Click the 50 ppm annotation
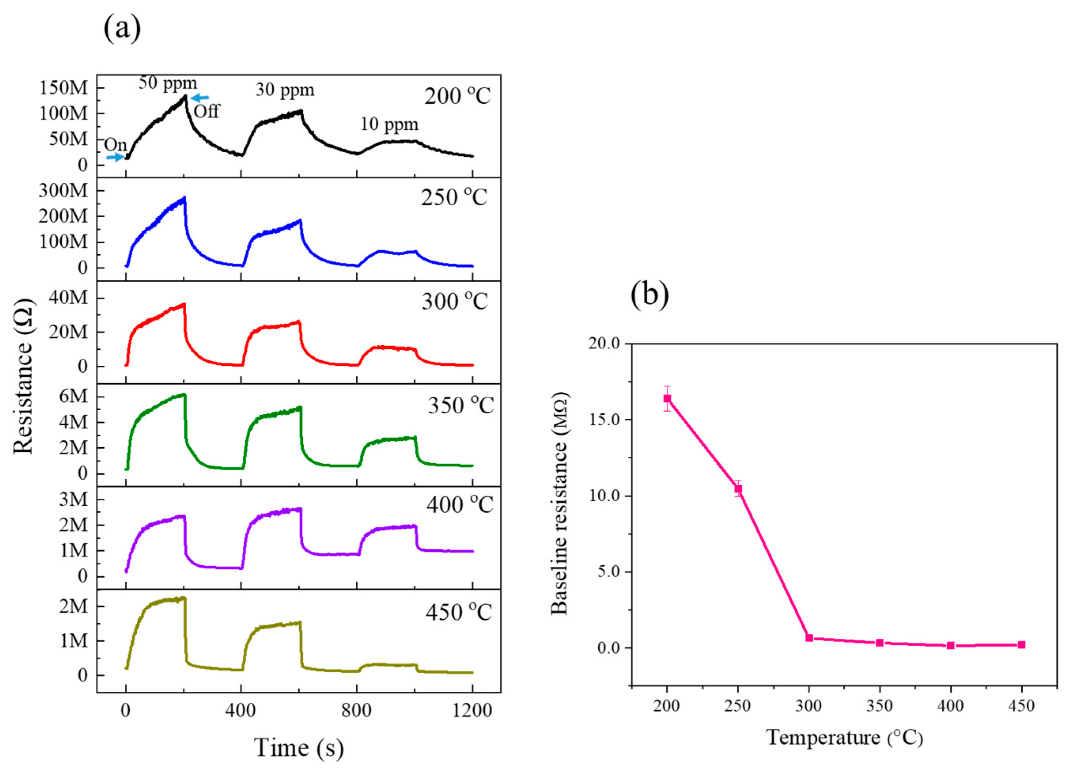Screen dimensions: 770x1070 [x=168, y=83]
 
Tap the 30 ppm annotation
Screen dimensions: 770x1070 [x=285, y=90]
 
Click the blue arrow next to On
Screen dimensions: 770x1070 [x=114, y=157]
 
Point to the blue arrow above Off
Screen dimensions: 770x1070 [x=200, y=98]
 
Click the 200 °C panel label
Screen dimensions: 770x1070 [x=457, y=96]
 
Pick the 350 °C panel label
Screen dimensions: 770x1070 [x=460, y=405]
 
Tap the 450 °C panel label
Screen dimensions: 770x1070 [x=459, y=613]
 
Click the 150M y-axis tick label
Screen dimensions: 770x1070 [x=64, y=88]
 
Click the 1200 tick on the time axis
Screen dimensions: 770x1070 [x=472, y=709]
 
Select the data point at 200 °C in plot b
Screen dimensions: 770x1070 [x=667, y=399]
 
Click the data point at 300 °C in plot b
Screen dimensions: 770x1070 [x=809, y=638]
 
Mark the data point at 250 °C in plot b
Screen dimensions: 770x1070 [x=738, y=489]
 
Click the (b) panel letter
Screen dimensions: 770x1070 [x=650, y=295]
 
